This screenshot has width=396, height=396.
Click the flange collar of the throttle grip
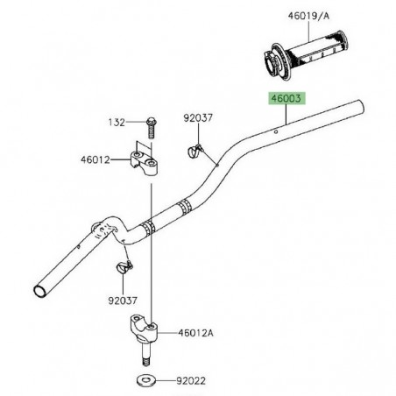[271, 64]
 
